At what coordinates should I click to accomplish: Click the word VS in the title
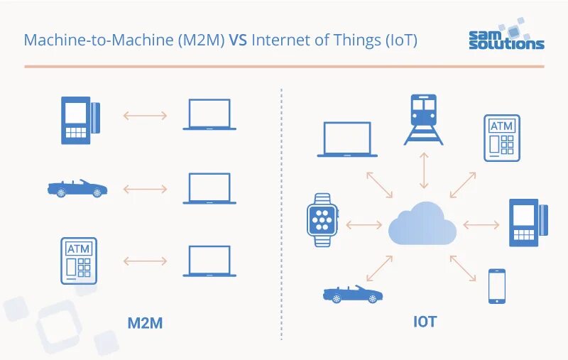pyautogui.click(x=237, y=40)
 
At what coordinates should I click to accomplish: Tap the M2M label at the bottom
pyautogui.click(x=145, y=323)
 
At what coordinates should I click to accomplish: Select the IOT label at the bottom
pyautogui.click(x=425, y=322)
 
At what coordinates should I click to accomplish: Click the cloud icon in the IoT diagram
pyautogui.click(x=422, y=224)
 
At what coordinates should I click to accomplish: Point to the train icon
pyautogui.click(x=424, y=119)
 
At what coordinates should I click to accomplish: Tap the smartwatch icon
pyautogui.click(x=322, y=220)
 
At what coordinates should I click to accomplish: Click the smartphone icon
pyautogui.click(x=497, y=286)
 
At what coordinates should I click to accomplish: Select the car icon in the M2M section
pyautogui.click(x=77, y=188)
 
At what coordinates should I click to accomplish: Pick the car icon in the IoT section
pyautogui.click(x=353, y=294)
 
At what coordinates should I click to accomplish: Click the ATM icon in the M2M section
pyautogui.click(x=79, y=261)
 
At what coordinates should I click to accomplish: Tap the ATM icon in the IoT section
pyautogui.click(x=502, y=137)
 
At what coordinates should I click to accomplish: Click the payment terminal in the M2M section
pyautogui.click(x=80, y=120)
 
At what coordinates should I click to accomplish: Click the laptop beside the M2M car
pyautogui.click(x=209, y=189)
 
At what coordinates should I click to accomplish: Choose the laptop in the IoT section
pyautogui.click(x=347, y=139)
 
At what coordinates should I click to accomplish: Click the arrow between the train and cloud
pyautogui.click(x=424, y=171)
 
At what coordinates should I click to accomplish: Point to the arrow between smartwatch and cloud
pyautogui.click(x=364, y=225)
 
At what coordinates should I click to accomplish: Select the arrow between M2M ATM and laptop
pyautogui.click(x=145, y=261)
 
